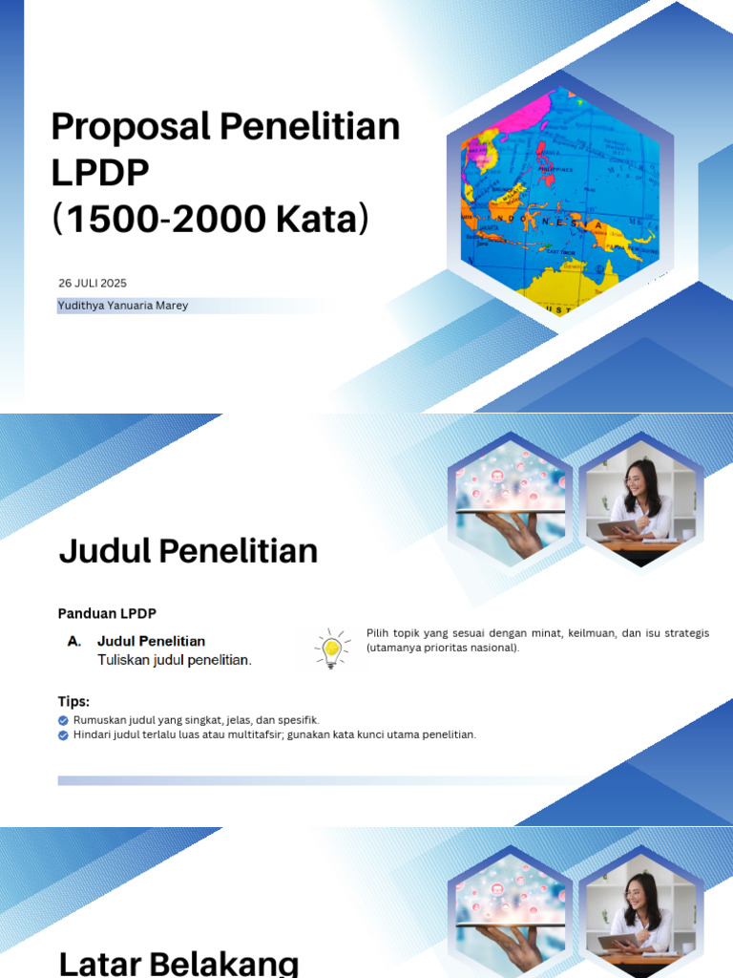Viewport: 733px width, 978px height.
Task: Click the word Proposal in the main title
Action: pos(131,127)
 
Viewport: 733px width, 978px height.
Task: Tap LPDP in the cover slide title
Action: pos(100,174)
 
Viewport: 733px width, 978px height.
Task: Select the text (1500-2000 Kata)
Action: pos(209,220)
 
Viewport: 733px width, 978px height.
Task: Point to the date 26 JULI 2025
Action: pos(93,284)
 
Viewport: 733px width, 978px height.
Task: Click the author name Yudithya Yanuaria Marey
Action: pos(123,306)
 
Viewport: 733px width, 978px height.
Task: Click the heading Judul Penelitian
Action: pos(188,551)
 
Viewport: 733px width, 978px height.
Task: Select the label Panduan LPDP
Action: pos(107,613)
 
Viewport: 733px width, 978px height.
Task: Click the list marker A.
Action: pos(74,642)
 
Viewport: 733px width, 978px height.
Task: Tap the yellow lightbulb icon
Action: pos(332,649)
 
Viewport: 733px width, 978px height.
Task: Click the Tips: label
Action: pos(73,702)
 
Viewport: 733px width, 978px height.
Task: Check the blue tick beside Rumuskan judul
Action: pos(63,720)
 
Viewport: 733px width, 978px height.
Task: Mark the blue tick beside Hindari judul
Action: pos(63,735)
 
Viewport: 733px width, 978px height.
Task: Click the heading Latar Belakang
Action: pos(179,962)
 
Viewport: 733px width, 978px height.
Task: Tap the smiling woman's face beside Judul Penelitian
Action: pos(638,478)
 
